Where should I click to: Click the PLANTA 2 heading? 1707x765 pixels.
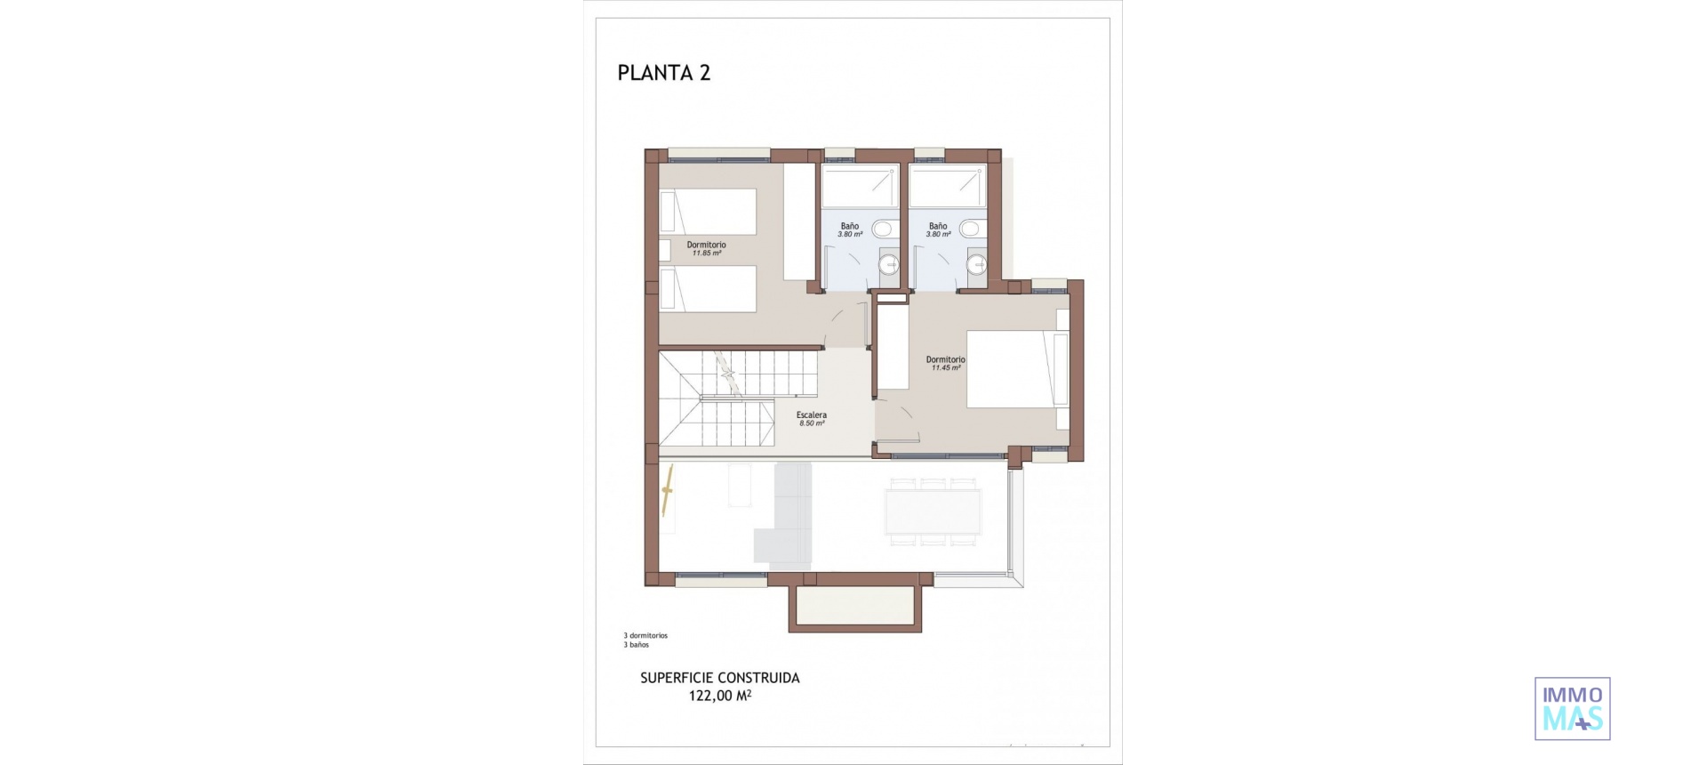click(x=664, y=73)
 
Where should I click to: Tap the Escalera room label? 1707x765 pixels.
click(x=812, y=415)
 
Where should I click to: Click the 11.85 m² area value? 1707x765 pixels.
click(x=707, y=254)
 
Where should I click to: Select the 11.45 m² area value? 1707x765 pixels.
click(x=946, y=368)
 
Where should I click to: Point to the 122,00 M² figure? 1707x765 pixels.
click(x=719, y=696)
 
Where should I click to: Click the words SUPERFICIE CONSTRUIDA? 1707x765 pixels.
click(x=719, y=678)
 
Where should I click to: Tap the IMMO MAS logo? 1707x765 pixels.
click(x=1572, y=709)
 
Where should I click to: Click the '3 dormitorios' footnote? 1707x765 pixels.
click(x=645, y=636)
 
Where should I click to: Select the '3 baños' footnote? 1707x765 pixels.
click(x=637, y=645)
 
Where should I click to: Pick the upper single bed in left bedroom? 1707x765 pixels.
click(x=708, y=212)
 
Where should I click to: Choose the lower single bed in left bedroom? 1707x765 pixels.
click(x=708, y=289)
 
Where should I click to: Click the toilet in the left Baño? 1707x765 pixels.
click(x=884, y=229)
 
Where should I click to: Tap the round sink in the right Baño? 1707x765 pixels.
click(x=977, y=263)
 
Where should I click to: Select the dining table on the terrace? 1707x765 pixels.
click(x=933, y=512)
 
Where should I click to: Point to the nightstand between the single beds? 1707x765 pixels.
click(x=664, y=250)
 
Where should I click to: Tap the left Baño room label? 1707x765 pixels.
click(x=850, y=226)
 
